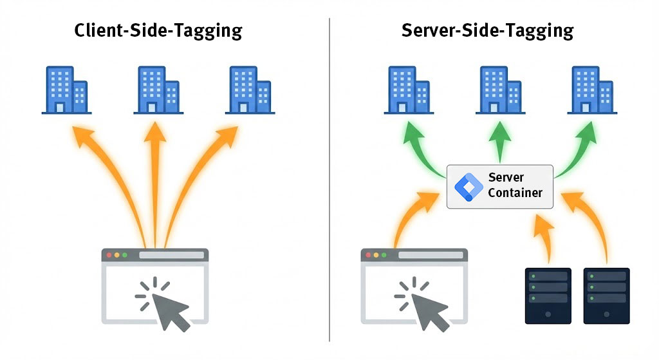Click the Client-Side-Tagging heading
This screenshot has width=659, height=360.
(158, 30)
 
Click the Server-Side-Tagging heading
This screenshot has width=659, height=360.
(487, 30)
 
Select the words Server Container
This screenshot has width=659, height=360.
(515, 185)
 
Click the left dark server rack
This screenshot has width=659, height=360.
(548, 296)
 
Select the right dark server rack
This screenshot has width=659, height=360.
(606, 296)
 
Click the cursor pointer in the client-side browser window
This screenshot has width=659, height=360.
(169, 308)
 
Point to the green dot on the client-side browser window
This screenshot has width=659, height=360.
(125, 255)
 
